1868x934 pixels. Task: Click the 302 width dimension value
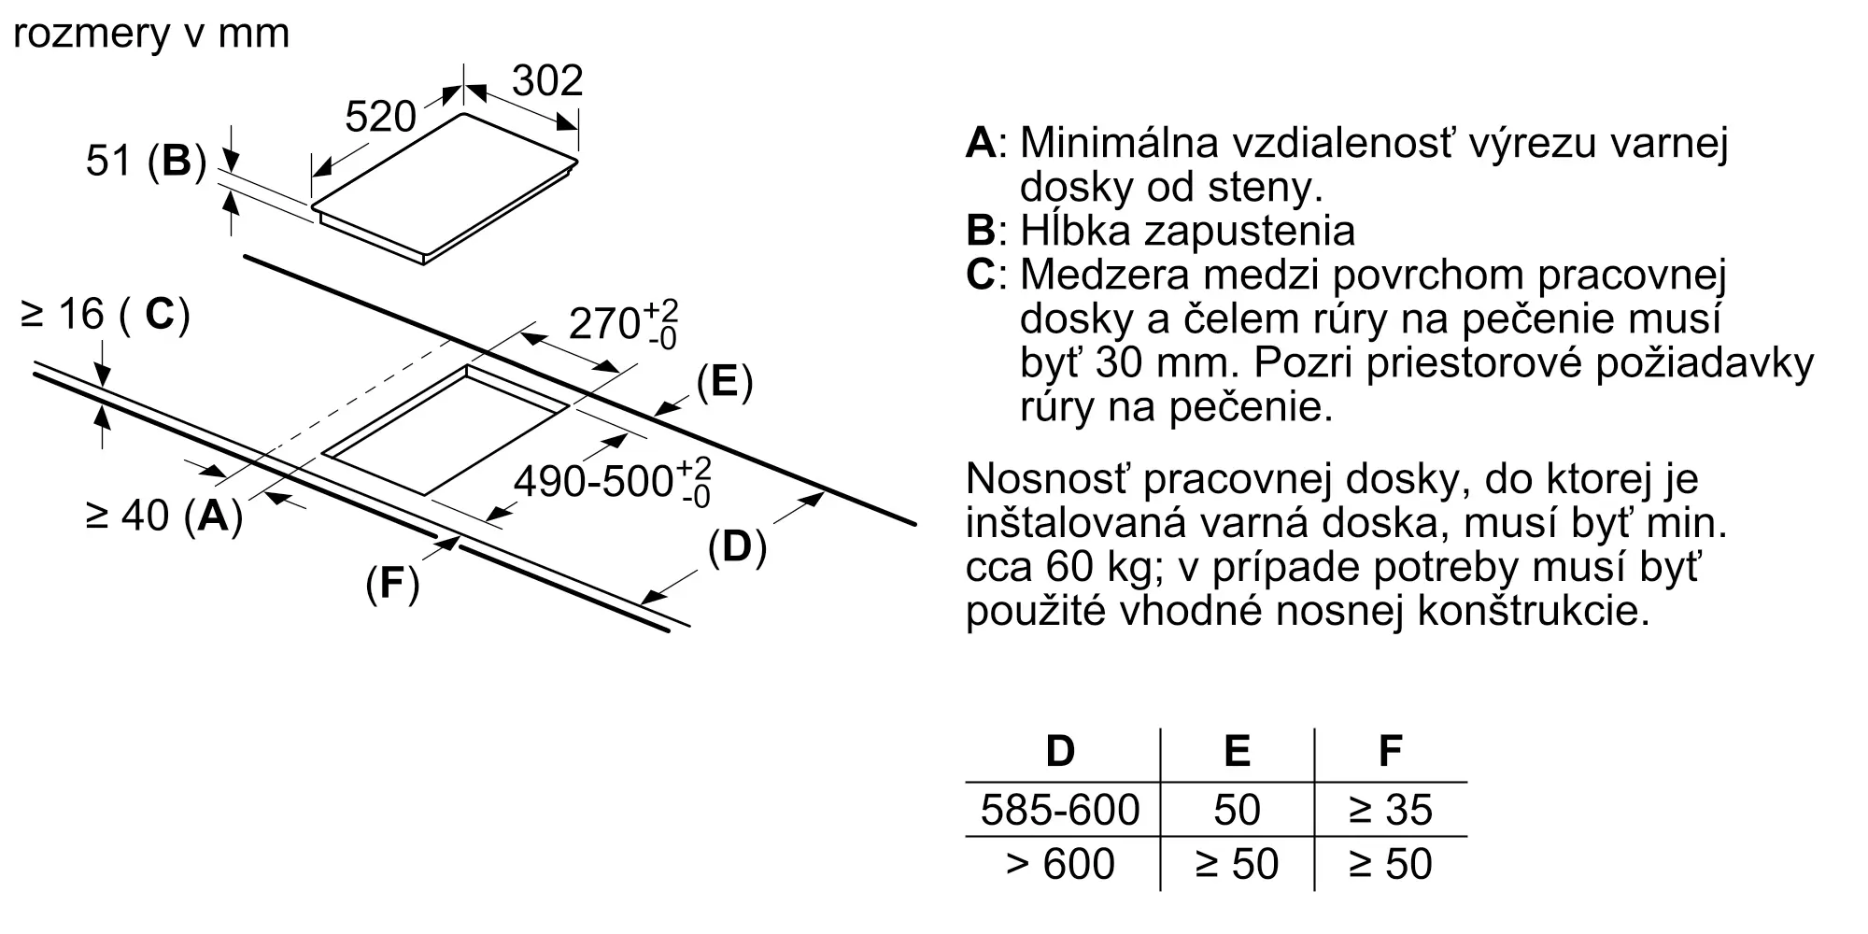point(547,80)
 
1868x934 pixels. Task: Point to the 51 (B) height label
point(145,161)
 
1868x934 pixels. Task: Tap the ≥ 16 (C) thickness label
point(105,315)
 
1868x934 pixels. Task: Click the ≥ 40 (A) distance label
point(163,516)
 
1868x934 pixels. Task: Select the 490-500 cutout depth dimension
point(612,481)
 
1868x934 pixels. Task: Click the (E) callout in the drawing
point(724,383)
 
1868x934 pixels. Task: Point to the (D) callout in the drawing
point(736,547)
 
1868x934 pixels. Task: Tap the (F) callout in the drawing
point(392,584)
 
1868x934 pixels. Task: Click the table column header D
point(1060,751)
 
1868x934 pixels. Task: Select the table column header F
point(1390,751)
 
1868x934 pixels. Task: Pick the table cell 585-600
point(1060,810)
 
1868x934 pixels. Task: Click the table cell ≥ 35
point(1390,810)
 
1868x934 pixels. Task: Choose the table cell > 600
point(1060,864)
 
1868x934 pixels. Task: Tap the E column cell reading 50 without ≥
point(1237,810)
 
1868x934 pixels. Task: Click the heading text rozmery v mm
point(151,34)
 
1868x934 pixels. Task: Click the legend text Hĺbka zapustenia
point(1186,231)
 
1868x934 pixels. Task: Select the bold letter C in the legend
point(981,276)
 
